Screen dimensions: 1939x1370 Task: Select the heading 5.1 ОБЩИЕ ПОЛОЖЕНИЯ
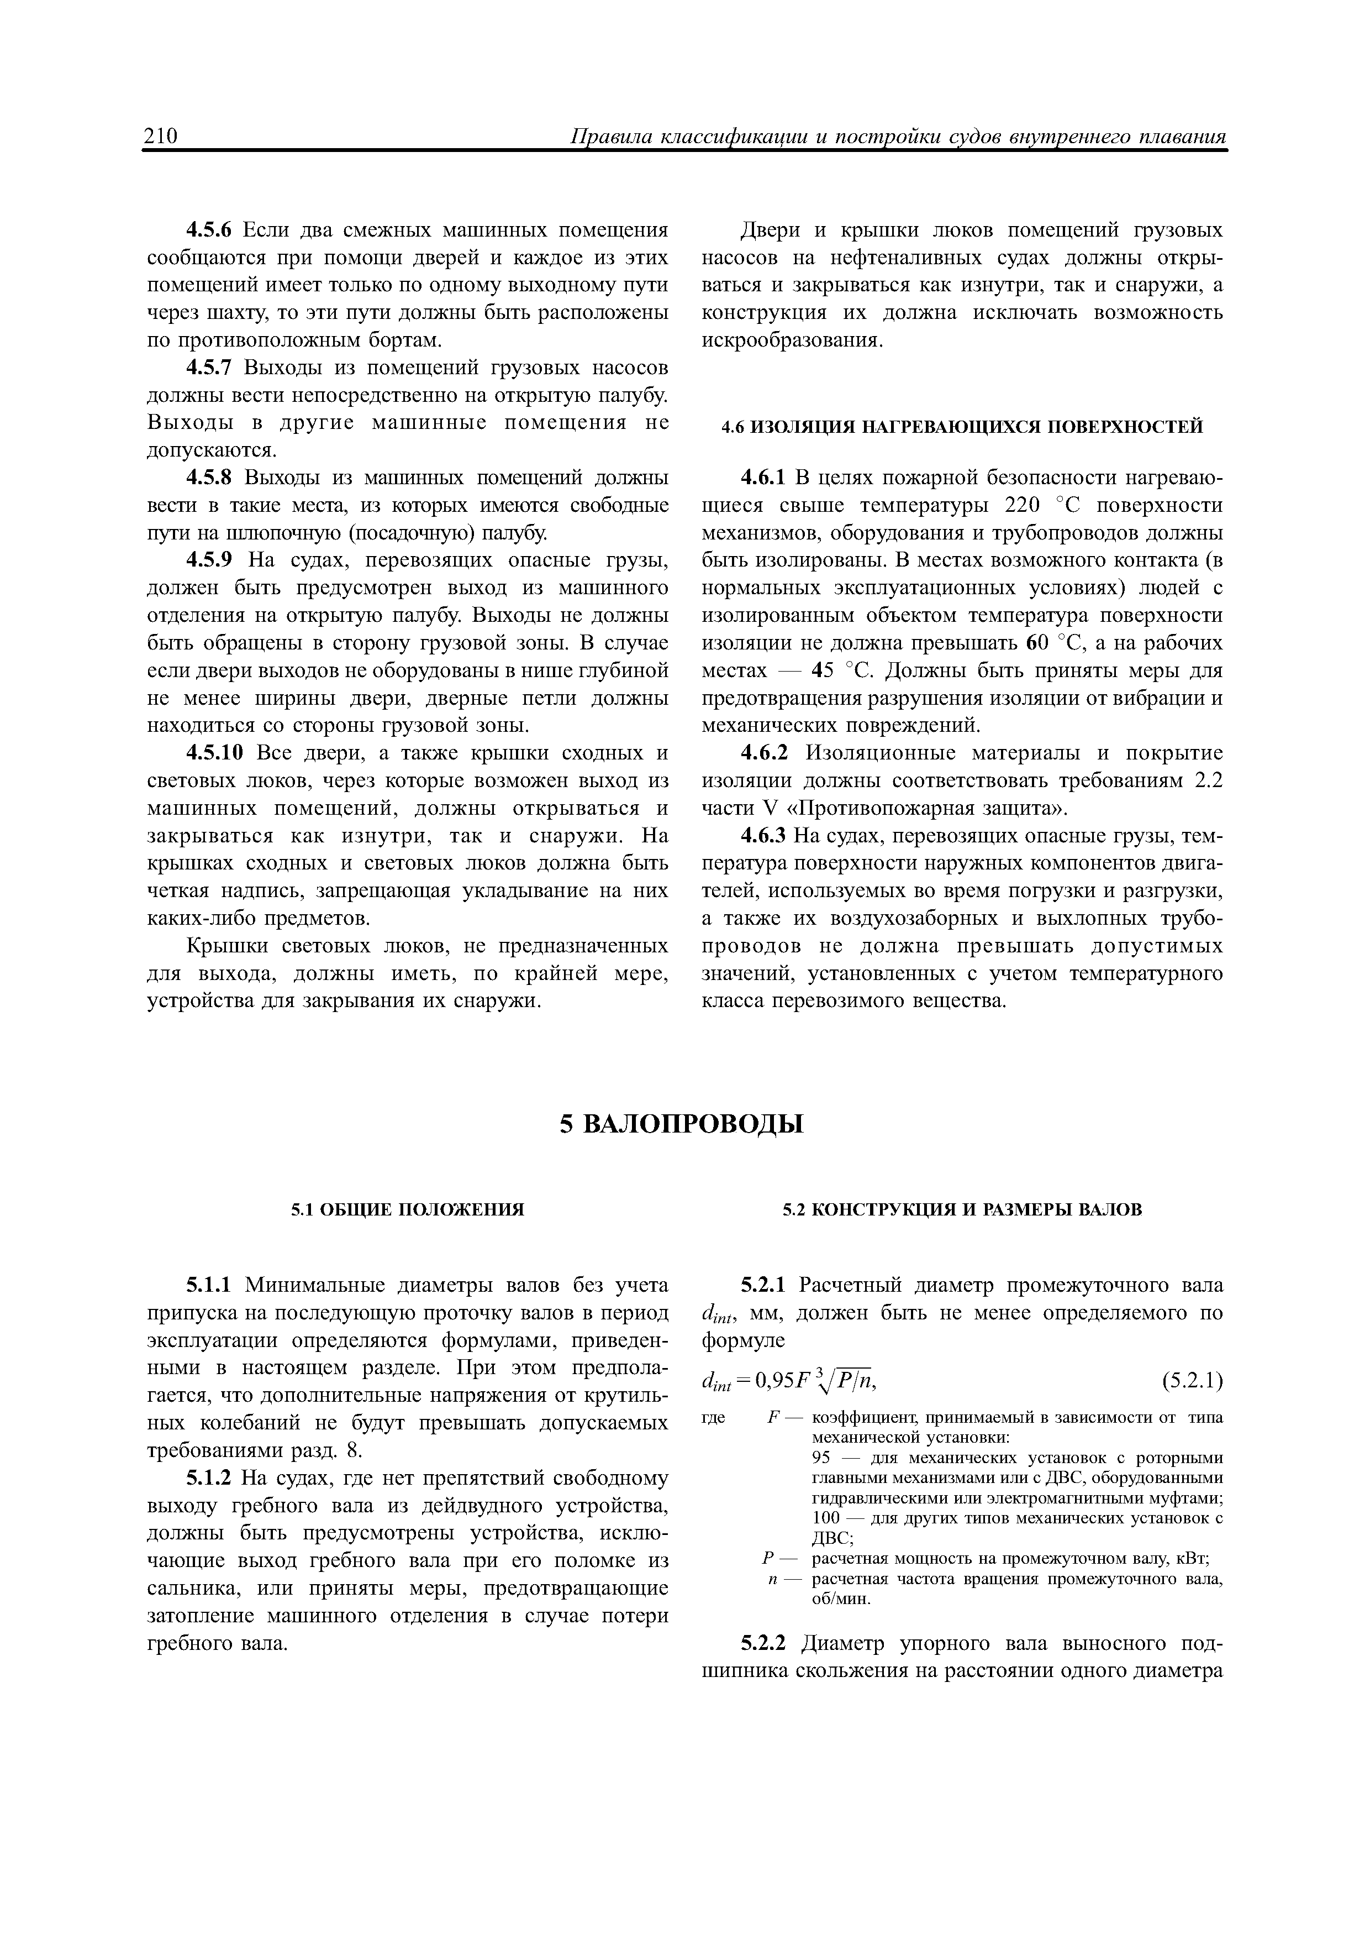point(408,1210)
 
